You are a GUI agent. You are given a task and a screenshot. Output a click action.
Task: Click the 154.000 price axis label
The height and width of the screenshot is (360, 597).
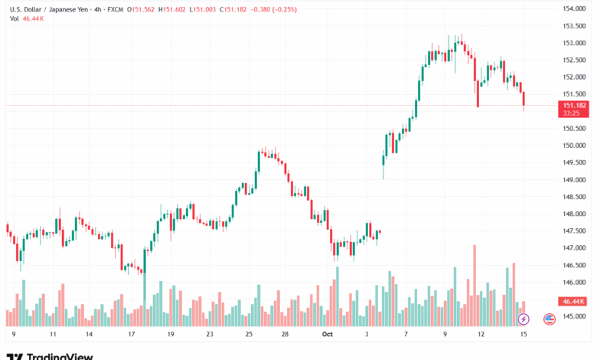point(573,8)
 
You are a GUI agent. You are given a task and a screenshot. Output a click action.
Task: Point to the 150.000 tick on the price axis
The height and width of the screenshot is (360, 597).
point(573,146)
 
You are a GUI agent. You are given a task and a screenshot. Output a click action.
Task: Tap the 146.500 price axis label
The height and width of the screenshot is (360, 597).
point(573,266)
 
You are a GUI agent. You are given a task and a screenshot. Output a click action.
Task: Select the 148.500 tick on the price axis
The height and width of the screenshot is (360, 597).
point(573,197)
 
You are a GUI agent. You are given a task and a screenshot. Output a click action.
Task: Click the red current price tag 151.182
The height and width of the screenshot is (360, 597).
point(573,105)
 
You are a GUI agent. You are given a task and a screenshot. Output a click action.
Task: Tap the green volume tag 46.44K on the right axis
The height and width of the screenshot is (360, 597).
point(573,302)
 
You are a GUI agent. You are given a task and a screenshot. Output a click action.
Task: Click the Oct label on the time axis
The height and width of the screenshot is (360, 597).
point(328,334)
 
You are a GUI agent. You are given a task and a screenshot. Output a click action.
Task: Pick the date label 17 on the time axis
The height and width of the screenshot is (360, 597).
point(132,334)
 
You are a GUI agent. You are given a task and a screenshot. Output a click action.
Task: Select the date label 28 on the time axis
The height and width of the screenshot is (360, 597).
point(285,334)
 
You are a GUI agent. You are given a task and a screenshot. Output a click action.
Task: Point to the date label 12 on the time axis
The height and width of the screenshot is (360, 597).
point(481,334)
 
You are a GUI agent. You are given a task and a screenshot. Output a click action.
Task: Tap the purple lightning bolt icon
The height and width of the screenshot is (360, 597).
point(524,319)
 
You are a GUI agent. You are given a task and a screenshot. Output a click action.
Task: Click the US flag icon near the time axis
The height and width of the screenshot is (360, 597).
point(549,319)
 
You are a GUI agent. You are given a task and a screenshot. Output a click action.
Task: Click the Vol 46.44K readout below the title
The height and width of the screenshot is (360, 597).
point(25,18)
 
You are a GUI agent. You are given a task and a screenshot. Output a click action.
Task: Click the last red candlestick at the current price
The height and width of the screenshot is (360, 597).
point(524,99)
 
